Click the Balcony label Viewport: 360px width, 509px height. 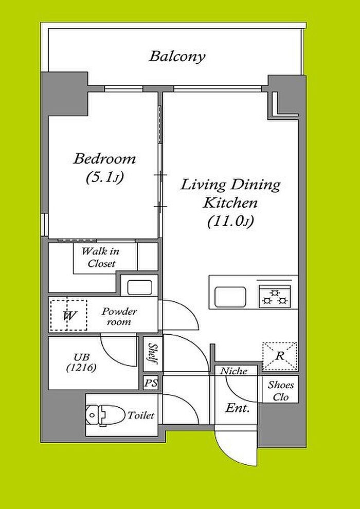pyautogui.click(x=177, y=57)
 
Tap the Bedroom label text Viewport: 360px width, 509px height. pyautogui.click(x=104, y=159)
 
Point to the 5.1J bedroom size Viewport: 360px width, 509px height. pyautogui.click(x=104, y=177)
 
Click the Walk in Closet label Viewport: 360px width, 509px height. pyautogui.click(x=100, y=257)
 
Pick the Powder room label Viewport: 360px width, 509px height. pyautogui.click(x=119, y=317)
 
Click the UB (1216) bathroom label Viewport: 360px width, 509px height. pyautogui.click(x=81, y=362)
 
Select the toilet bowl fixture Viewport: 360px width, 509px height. pyautogui.click(x=105, y=415)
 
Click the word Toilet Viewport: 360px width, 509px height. pyautogui.click(x=140, y=415)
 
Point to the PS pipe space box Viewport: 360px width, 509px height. pyautogui.click(x=151, y=383)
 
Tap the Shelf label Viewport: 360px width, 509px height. pyautogui.click(x=151, y=354)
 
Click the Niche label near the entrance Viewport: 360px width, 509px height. pyautogui.click(x=233, y=371)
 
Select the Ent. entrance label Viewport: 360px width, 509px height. pyautogui.click(x=237, y=408)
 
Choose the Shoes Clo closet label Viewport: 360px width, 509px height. pyautogui.click(x=280, y=391)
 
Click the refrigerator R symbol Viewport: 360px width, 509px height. pyautogui.click(x=279, y=356)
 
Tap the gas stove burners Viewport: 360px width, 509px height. pyautogui.click(x=275, y=296)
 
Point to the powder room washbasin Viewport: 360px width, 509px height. pyautogui.click(x=139, y=287)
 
